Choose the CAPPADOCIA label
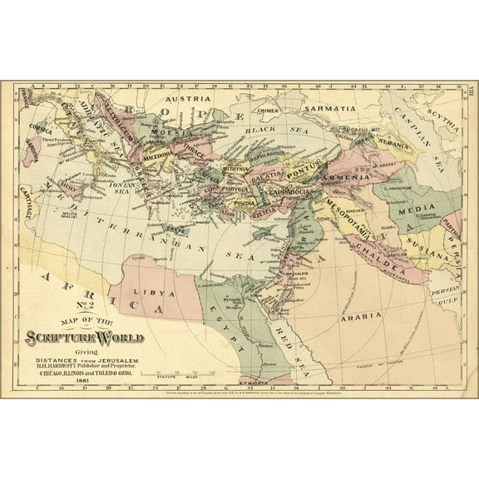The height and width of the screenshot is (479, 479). [x=287, y=192]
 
